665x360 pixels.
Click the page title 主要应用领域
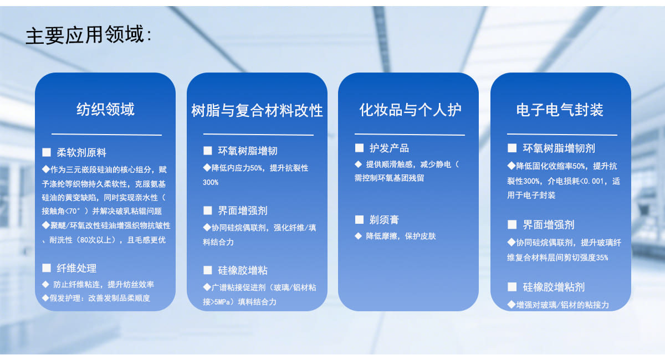[85, 35]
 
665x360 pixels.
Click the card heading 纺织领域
[106, 109]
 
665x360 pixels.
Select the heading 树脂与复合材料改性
[257, 110]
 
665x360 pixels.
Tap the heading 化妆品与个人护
[411, 110]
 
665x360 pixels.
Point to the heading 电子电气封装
[560, 110]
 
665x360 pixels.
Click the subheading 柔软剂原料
[81, 152]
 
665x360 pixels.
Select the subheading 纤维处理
[76, 268]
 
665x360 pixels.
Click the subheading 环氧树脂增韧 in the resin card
[248, 151]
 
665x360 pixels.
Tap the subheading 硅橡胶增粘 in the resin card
[243, 270]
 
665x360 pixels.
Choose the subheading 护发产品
[389, 148]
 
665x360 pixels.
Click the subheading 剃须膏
[384, 220]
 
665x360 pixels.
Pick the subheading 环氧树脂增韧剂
[559, 148]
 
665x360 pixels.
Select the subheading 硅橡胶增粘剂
[554, 287]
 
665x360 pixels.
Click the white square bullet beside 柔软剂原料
[47, 152]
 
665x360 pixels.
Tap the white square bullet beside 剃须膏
[359, 220]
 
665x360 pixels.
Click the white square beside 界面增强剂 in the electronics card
[512, 225]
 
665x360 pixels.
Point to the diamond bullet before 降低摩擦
[359, 236]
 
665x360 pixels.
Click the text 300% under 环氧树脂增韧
[211, 182]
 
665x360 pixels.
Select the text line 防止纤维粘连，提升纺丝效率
[104, 284]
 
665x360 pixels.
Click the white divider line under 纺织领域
[106, 135]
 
